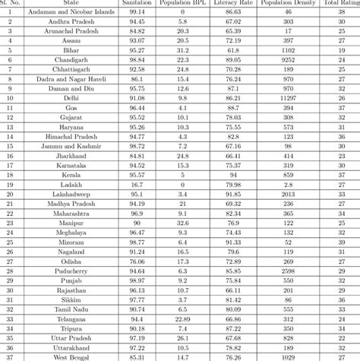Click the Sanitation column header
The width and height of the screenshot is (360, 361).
point(137,4)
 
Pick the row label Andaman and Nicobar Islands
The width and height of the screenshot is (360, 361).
point(71,14)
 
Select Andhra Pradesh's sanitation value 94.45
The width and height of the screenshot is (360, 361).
point(137,24)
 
